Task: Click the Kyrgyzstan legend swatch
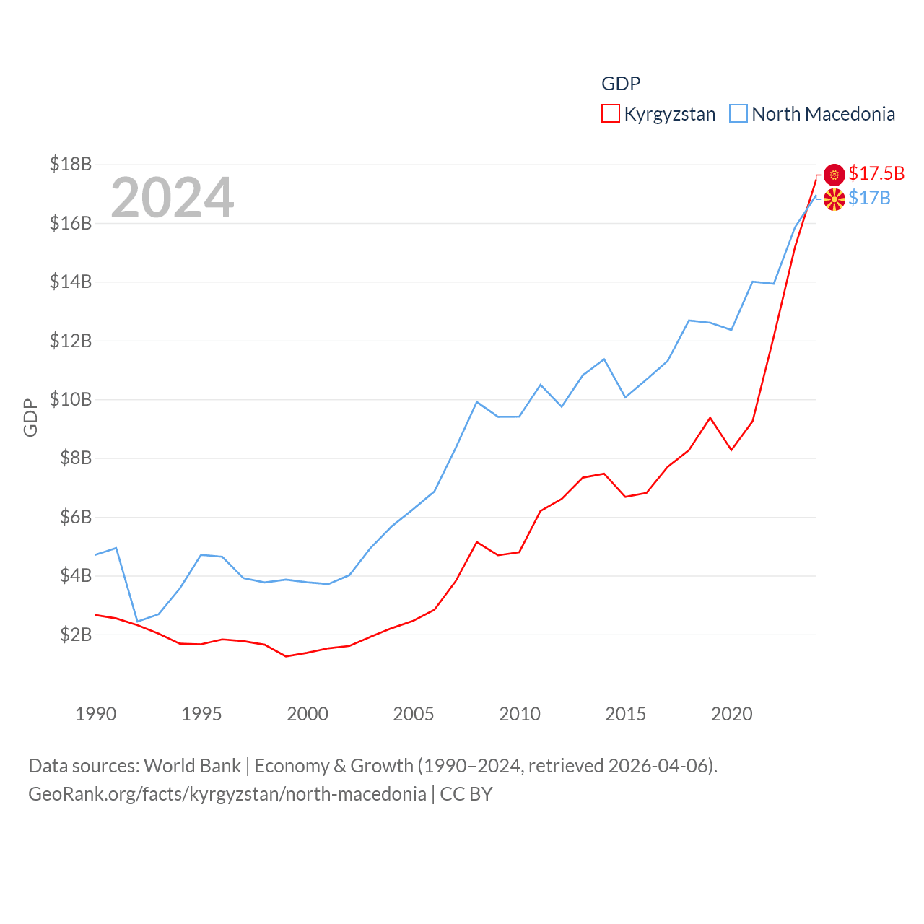coord(610,114)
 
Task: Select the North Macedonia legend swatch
coord(738,114)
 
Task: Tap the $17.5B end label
coord(876,173)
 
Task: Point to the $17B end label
coord(869,198)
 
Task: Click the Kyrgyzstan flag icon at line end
coord(834,175)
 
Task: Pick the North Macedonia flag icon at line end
coord(834,200)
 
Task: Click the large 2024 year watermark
coord(172,197)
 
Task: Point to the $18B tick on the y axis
coord(71,164)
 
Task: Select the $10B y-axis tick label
coord(71,399)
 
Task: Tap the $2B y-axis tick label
coord(76,635)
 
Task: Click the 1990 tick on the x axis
coord(95,714)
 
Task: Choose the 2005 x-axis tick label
coord(414,714)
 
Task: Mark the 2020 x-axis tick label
coord(732,714)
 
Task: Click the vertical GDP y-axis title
coord(30,417)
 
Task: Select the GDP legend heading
coord(621,84)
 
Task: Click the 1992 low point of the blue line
coord(137,622)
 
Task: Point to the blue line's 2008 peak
coord(476,401)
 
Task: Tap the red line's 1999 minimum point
coord(287,656)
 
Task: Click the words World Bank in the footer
coord(192,765)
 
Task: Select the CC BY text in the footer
coord(466,794)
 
